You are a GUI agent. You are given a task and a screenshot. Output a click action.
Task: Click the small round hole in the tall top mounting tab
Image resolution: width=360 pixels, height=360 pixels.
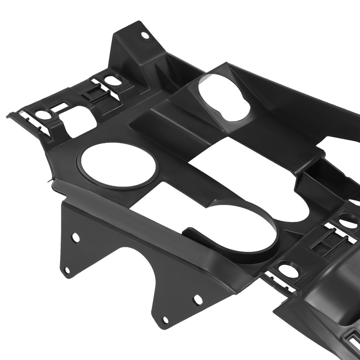coord(145,35)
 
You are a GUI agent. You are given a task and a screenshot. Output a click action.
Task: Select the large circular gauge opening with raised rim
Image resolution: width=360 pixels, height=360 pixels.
coord(118,165)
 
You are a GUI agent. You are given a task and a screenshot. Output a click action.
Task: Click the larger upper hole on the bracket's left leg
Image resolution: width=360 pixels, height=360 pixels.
coord(76,238)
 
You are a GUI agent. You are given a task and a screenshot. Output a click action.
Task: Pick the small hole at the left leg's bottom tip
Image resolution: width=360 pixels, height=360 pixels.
coord(67,270)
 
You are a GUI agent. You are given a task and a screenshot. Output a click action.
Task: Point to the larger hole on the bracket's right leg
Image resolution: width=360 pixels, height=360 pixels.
coord(198,300)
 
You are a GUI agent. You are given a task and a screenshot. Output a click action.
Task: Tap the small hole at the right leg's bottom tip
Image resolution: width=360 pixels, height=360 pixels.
coord(165,320)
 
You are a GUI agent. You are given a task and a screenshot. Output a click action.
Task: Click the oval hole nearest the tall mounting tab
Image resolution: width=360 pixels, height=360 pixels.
coord(113,81)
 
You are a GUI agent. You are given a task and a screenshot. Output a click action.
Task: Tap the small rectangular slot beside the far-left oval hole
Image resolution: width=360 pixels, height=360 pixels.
coord(59,107)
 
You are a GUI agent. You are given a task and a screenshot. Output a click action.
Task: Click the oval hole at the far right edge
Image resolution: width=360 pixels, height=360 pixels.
coord(349,221)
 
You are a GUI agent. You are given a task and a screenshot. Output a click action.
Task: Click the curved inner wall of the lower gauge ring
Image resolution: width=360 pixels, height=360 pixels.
coord(266,230)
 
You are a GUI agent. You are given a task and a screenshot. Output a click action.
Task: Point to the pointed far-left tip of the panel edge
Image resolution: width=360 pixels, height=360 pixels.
coord(8,116)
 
